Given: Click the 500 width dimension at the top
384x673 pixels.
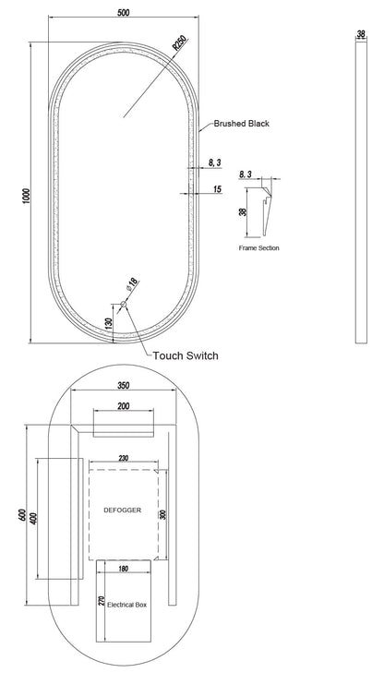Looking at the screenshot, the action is click(x=123, y=12).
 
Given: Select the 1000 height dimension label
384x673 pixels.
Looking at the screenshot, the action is click(x=27, y=196).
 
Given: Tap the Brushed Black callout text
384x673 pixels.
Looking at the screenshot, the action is click(x=242, y=124).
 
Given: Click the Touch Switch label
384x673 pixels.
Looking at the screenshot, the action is click(x=186, y=355).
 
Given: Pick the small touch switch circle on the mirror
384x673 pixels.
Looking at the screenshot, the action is click(x=124, y=304).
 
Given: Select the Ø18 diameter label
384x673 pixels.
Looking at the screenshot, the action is click(x=133, y=285).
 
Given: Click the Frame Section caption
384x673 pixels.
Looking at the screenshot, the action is click(x=258, y=248).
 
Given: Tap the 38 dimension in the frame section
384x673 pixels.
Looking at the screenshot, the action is click(x=243, y=212).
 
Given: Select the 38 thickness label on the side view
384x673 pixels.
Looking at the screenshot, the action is click(x=361, y=33).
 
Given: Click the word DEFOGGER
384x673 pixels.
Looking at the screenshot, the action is click(x=122, y=511).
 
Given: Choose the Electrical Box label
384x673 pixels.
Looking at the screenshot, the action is click(x=127, y=605).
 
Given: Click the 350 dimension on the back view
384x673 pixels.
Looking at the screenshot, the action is click(x=123, y=386).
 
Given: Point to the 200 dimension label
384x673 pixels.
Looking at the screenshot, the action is click(x=123, y=405).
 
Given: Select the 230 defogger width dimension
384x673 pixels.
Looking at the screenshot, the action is click(x=123, y=459).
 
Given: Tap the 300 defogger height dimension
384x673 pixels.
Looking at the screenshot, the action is click(x=162, y=514).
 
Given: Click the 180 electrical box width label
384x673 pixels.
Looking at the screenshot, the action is click(x=123, y=569).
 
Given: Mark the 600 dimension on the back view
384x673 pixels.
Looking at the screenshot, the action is click(x=22, y=515).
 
